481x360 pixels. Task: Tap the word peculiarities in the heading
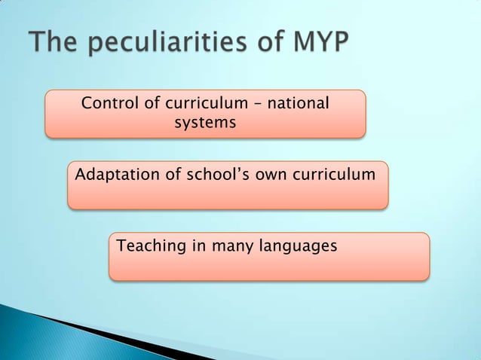click(x=164, y=43)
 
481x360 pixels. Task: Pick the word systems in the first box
click(x=205, y=122)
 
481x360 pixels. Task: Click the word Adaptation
click(x=116, y=175)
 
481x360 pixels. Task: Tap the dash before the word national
click(x=258, y=104)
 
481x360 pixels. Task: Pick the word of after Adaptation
click(x=173, y=175)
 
